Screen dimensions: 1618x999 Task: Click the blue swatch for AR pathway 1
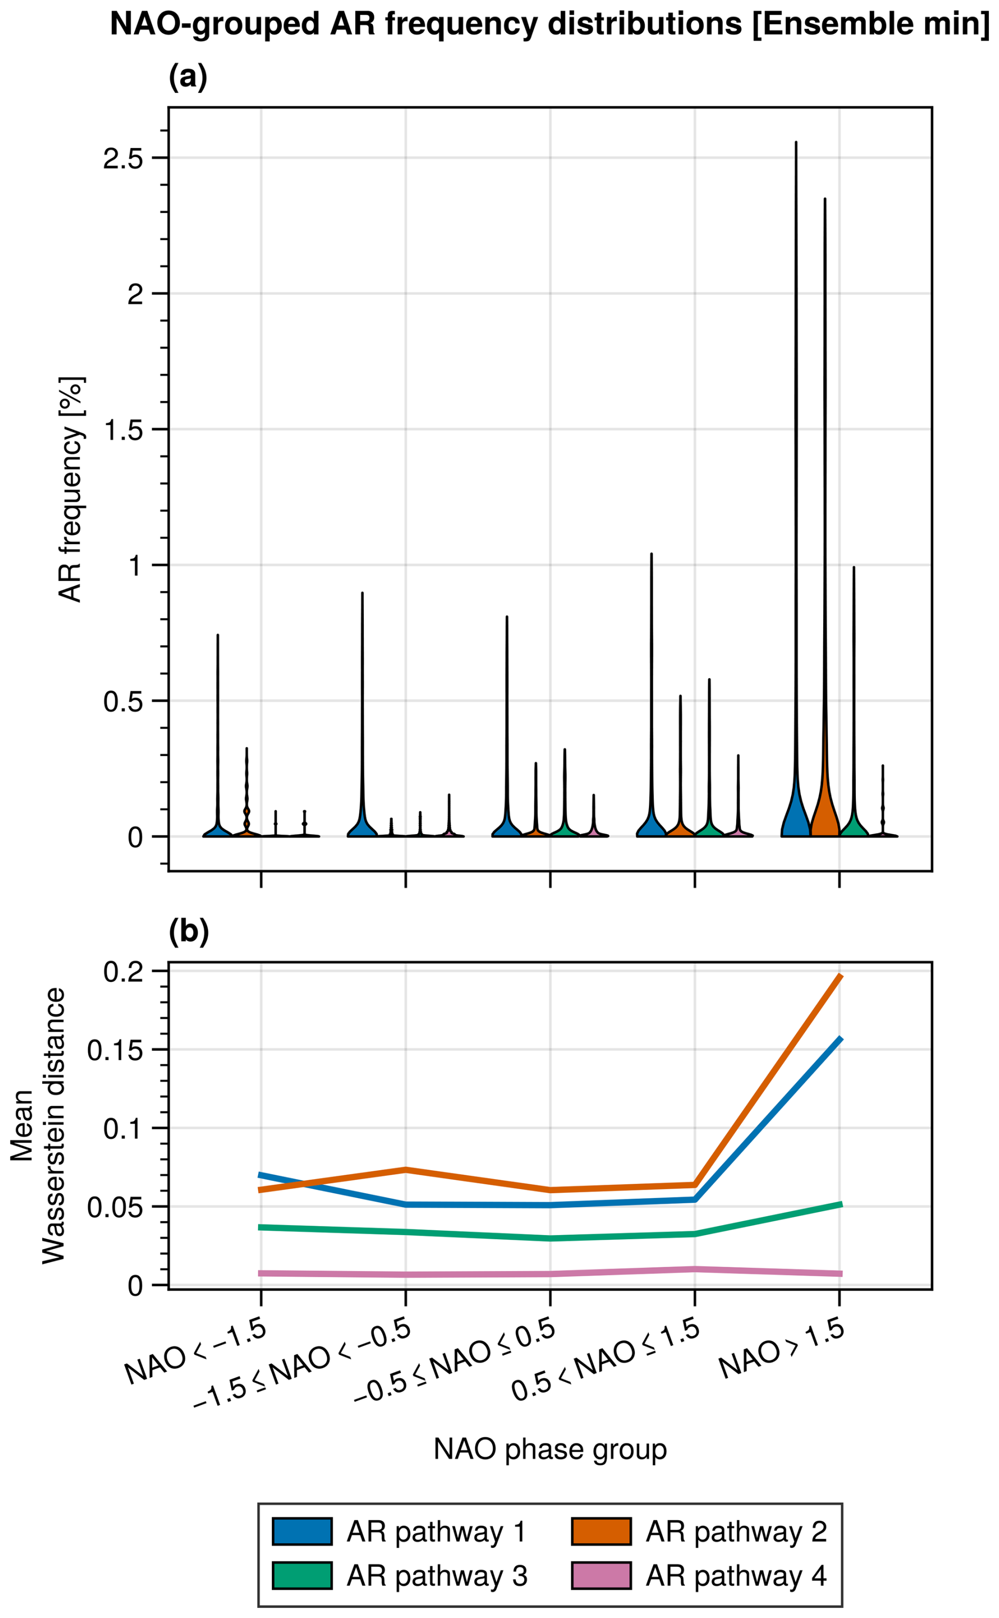click(302, 1531)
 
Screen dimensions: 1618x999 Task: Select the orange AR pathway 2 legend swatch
click(600, 1531)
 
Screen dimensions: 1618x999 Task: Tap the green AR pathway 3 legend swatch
click(302, 1576)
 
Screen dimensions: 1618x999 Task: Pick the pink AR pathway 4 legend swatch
click(600, 1576)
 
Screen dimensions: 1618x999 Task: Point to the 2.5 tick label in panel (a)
click(124, 158)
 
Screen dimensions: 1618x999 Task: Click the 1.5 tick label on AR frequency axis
click(124, 429)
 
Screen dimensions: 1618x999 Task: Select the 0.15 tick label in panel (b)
click(116, 1050)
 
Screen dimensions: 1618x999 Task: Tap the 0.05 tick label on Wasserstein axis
click(116, 1208)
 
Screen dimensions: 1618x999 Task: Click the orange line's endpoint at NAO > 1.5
click(840, 976)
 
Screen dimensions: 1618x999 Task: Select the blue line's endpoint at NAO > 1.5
click(840, 1039)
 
